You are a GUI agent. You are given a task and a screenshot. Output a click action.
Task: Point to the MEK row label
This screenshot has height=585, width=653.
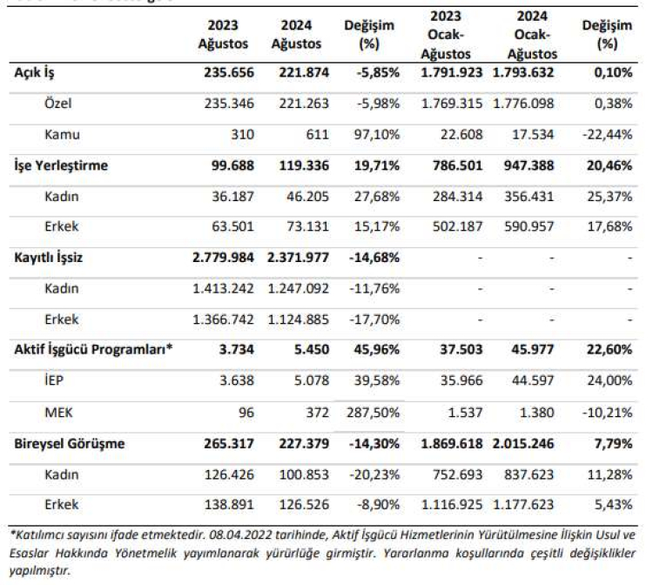58,412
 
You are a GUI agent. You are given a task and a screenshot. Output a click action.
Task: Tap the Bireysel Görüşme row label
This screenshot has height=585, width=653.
70,443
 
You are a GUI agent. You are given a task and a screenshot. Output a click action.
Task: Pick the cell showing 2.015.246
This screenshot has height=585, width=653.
522,443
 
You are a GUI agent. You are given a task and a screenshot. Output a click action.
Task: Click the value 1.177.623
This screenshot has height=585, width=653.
522,504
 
